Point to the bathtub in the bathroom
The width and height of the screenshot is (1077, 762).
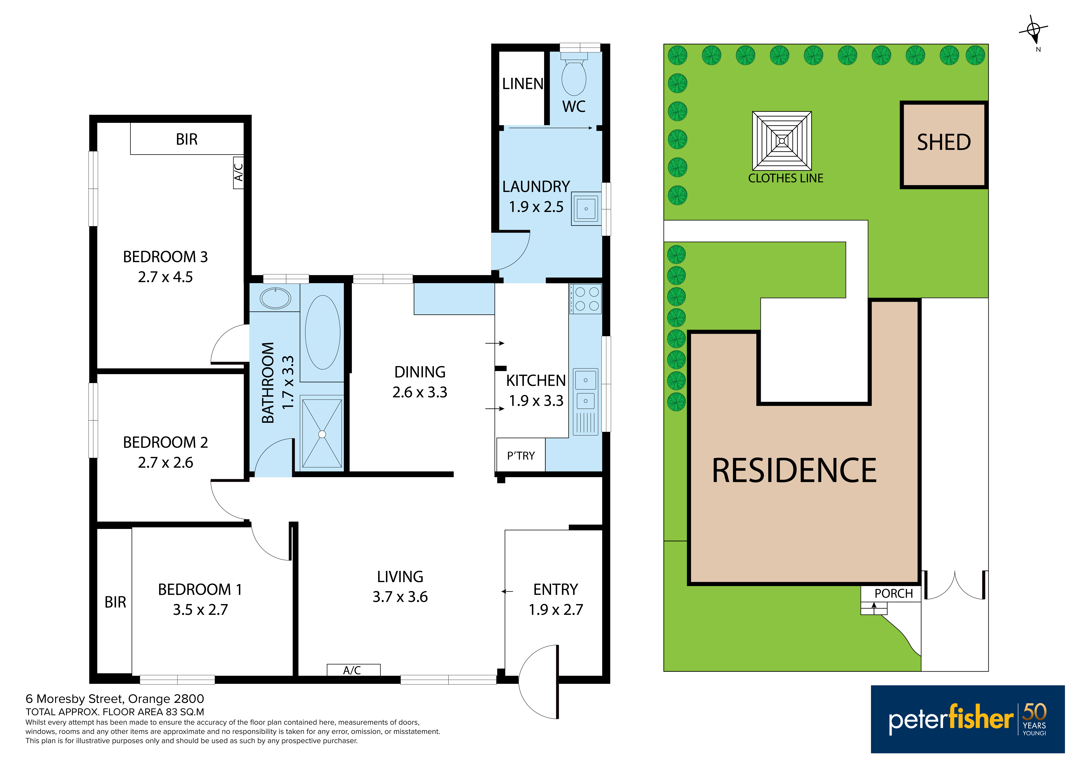323,332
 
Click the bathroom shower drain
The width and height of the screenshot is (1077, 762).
322,434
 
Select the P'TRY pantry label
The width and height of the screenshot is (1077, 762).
521,456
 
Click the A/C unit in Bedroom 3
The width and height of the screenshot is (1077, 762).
238,172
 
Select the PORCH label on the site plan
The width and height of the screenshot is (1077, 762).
894,594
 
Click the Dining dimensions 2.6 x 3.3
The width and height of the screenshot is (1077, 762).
420,392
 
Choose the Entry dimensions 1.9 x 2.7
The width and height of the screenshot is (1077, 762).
556,609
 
